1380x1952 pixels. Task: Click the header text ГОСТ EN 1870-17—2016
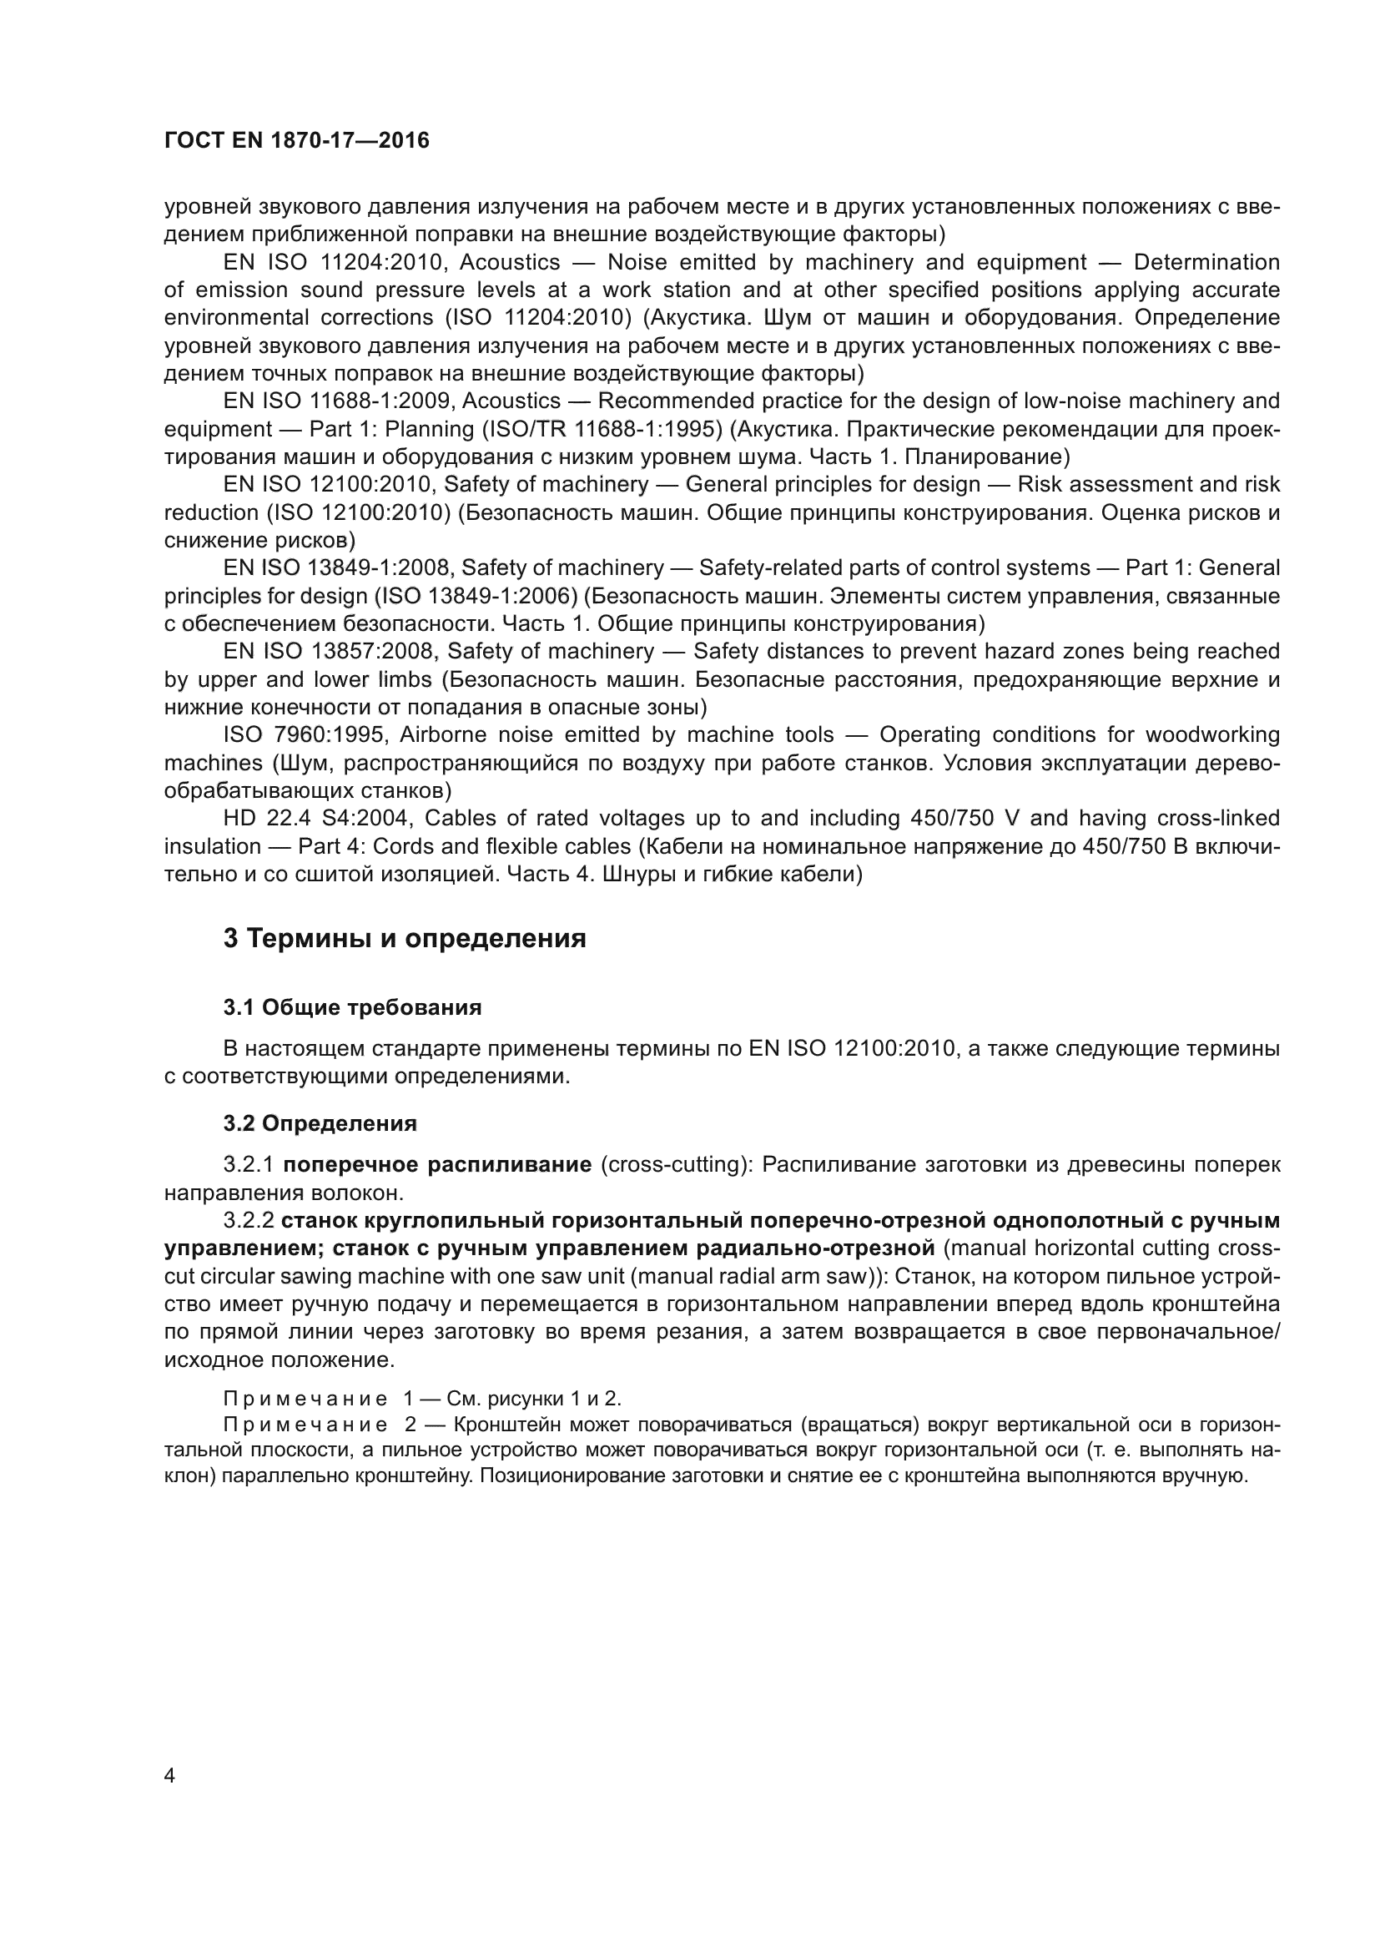pyautogui.click(x=296, y=141)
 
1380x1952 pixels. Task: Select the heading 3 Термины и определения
pyautogui.click(x=405, y=939)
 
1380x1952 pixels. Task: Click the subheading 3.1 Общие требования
pyautogui.click(x=353, y=1007)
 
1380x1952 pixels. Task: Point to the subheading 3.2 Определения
pyautogui.click(x=320, y=1123)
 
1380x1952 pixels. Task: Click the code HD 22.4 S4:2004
pyautogui.click(x=317, y=818)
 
